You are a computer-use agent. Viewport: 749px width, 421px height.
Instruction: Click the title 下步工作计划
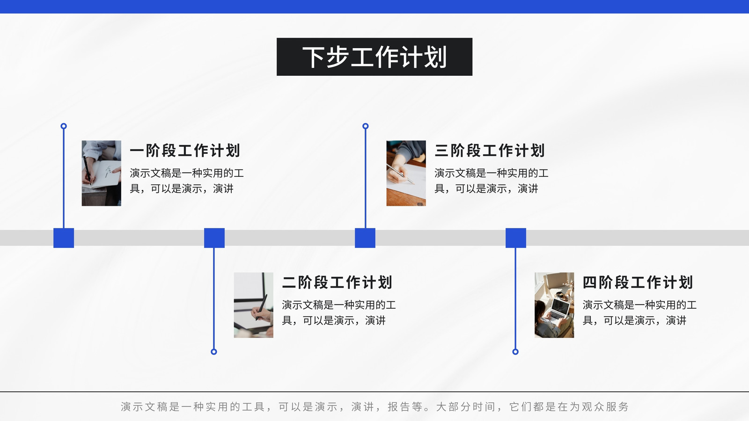374,57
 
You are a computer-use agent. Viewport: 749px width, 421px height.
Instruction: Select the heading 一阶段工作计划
185,150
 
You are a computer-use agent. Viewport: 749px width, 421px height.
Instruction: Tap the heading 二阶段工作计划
337,283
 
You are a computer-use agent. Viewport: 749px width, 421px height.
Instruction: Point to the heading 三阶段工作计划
490,150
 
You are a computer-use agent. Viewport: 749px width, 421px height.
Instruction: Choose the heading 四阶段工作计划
638,283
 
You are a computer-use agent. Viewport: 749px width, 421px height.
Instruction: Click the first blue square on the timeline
64,238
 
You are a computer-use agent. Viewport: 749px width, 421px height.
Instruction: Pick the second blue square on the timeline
214,238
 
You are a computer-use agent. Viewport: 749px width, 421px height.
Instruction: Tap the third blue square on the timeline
365,238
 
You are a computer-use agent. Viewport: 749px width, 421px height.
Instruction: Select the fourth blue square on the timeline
516,238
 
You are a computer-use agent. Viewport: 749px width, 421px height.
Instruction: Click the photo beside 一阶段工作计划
101,173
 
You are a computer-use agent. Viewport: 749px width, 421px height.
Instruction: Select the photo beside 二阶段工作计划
253,305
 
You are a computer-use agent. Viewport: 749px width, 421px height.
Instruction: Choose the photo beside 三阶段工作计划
406,173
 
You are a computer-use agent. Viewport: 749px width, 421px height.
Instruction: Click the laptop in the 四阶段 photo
558,310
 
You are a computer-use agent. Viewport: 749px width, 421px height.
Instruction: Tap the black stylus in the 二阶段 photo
262,307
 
